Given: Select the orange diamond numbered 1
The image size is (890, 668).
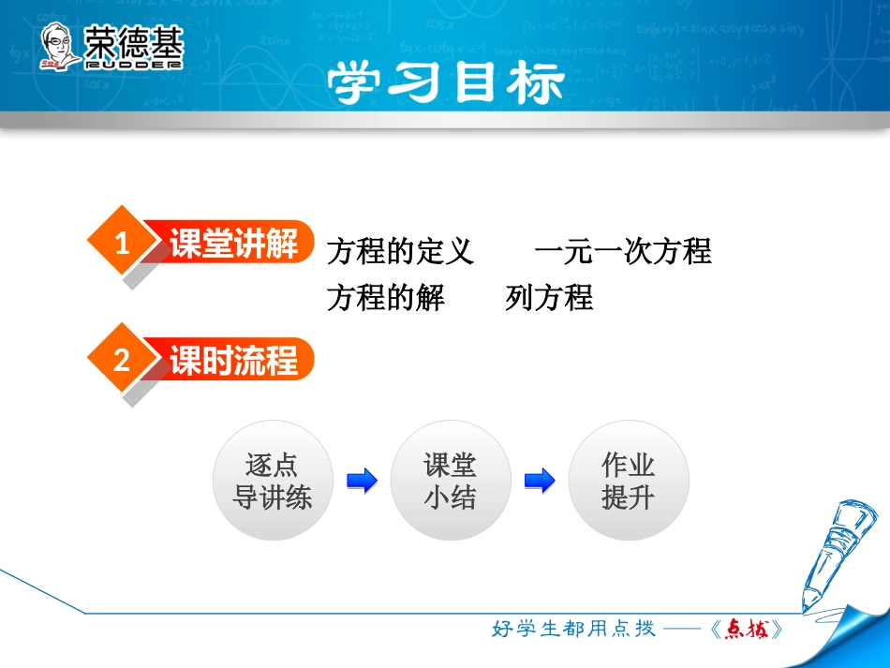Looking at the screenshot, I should pos(121,245).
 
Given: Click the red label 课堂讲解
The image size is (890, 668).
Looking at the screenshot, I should pos(233,245).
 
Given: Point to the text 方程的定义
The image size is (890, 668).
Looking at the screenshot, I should pos(400,251).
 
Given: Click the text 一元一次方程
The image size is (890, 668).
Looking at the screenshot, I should pos(623,251).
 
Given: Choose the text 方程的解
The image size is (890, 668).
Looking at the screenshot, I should pos(386,298).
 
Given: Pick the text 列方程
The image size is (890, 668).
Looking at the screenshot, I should pos(549,298).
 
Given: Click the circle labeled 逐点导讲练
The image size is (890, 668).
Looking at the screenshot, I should pos(272,481).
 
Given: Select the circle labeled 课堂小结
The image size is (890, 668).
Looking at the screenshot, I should pos(451,481).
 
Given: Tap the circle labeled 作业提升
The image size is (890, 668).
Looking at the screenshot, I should pos(629,481).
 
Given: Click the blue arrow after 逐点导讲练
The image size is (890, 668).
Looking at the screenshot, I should pos(362,482).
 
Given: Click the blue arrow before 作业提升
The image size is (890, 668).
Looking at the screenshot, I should pos(540,482).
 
